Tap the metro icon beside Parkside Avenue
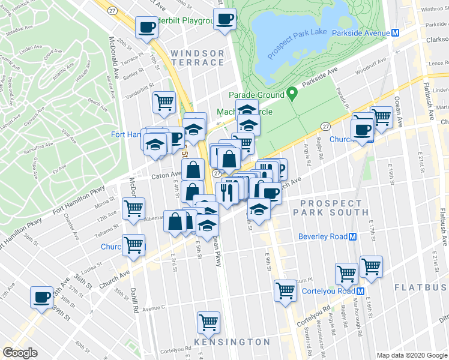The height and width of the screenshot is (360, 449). click(x=395, y=34)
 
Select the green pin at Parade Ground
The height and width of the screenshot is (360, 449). click(x=292, y=94)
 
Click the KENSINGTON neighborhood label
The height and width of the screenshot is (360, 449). click(x=232, y=342)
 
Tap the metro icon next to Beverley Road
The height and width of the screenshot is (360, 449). click(x=353, y=236)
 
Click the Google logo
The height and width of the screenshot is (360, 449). click(x=20, y=352)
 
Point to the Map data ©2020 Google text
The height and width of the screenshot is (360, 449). click(x=411, y=355)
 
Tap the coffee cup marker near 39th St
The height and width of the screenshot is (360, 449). click(x=41, y=297)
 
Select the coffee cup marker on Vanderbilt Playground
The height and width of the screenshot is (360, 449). click(x=146, y=26)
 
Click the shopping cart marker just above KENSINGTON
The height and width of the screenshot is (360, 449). click(x=208, y=321)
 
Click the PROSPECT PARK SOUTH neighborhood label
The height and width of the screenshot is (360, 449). click(x=334, y=208)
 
